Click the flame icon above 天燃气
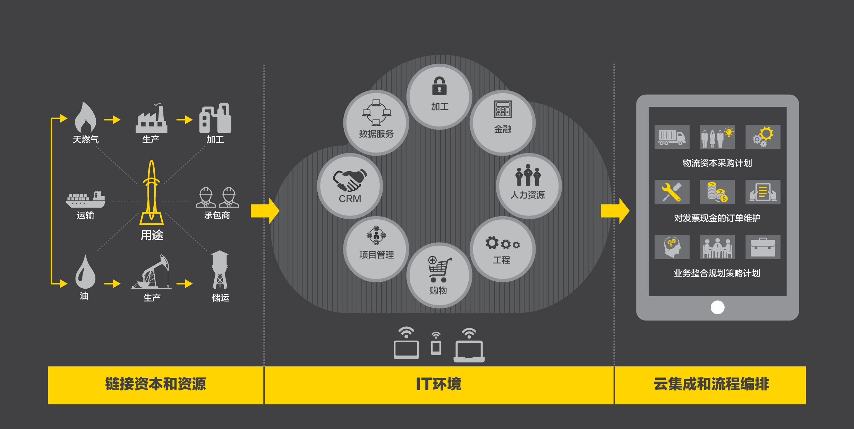pos(85,117)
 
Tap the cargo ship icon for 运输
pos(85,199)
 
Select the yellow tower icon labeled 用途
pos(152,192)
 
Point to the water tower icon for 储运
pos(220,270)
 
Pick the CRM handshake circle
pos(350,186)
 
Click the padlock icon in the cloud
pos(439,86)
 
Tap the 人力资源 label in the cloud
pos(528,195)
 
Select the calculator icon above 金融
pos(503,109)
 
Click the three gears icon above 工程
pos(502,243)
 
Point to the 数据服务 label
pos(376,134)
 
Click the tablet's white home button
pos(717,307)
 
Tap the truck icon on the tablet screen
pos(672,137)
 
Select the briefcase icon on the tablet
pos(763,247)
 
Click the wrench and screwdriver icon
pos(672,192)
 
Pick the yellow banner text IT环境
pos(439,384)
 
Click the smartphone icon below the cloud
pos(436,348)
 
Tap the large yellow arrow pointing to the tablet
pos(615,211)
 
